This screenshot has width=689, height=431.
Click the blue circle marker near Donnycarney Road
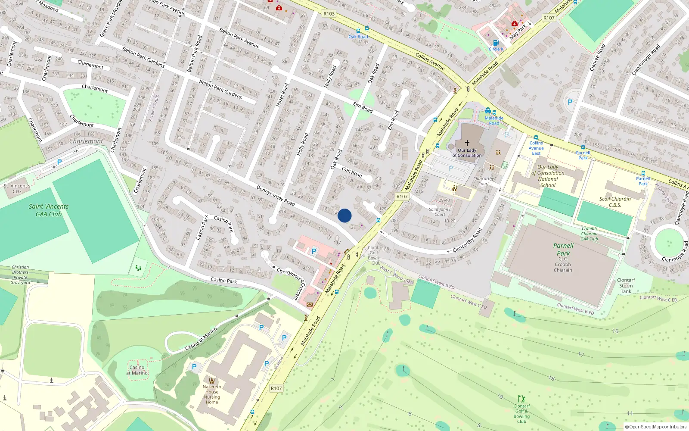click(344, 215)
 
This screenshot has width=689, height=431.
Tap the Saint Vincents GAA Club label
click(49, 210)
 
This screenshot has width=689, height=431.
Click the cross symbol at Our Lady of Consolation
click(467, 143)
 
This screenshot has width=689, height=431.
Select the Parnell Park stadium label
click(563, 250)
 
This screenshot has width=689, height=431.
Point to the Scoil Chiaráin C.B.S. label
click(615, 202)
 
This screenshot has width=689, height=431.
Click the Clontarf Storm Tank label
click(626, 286)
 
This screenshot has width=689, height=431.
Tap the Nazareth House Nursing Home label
click(212, 394)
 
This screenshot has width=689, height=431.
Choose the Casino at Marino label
click(137, 370)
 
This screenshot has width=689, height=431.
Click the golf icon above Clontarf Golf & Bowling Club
click(522, 398)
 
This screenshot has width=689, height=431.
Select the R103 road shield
click(329, 14)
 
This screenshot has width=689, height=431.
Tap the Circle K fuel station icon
click(496, 43)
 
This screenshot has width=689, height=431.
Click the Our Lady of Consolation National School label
click(548, 176)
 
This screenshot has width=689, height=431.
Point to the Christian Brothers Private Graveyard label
click(20, 275)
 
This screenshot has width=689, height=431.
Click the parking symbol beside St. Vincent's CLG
click(59, 162)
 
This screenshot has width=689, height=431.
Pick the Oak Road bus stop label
click(358, 37)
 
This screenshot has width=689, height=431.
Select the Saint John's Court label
click(440, 212)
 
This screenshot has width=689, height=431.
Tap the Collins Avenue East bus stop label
click(536, 148)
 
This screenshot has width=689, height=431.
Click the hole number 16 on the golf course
click(615, 331)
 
